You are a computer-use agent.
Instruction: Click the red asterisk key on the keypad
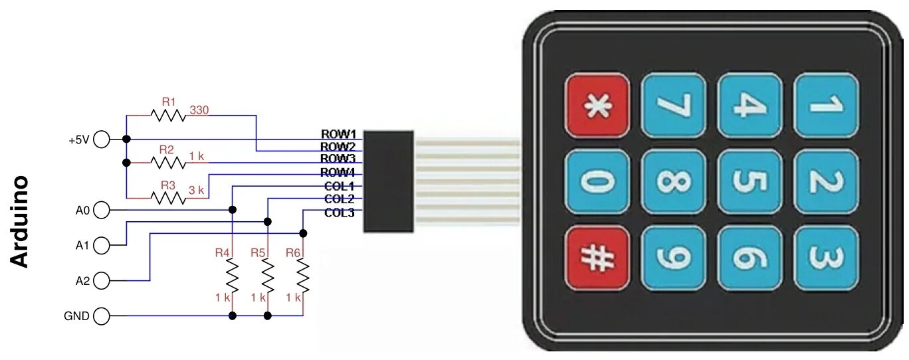tap(597, 105)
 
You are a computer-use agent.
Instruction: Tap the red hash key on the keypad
tap(597, 258)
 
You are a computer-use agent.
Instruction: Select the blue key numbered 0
tap(597, 181)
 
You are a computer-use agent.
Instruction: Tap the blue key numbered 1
tap(825, 105)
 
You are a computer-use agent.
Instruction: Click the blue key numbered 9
tap(672, 258)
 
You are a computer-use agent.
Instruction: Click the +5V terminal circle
tap(102, 139)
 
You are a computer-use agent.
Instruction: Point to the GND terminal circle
tap(102, 316)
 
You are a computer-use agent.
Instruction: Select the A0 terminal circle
tap(102, 211)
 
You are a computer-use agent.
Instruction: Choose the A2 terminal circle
tap(102, 281)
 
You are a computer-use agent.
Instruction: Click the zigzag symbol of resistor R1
tap(167, 115)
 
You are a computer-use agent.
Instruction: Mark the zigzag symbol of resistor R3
tap(167, 197)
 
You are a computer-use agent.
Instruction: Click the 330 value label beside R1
tap(199, 110)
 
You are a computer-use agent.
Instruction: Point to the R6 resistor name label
tap(293, 252)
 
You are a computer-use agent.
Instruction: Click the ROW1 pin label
tap(339, 134)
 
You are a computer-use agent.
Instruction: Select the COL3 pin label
tap(339, 213)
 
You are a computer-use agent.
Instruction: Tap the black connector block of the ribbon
tap(389, 181)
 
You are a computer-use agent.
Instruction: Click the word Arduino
tap(21, 221)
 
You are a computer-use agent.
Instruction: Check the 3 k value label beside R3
tap(197, 190)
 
